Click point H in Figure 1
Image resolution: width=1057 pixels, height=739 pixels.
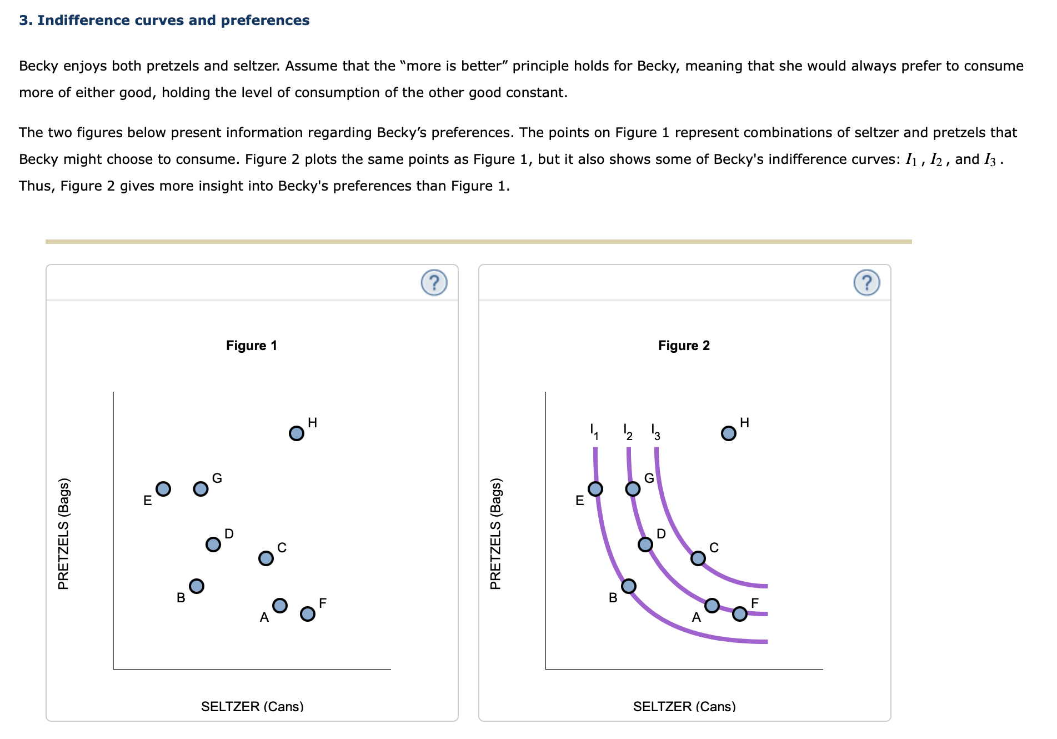[297, 433]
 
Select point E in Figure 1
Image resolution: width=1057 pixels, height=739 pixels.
[163, 489]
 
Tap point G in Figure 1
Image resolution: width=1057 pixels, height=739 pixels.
[201, 489]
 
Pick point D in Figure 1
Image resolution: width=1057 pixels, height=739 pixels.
[213, 544]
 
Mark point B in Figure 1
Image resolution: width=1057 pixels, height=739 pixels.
[197, 586]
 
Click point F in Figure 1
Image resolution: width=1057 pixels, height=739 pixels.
[308, 613]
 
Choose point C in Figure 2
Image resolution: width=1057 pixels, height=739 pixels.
[698, 558]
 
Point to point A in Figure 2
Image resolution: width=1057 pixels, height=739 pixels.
[712, 605]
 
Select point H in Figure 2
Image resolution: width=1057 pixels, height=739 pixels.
[729, 433]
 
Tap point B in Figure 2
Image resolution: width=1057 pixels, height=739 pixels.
[629, 586]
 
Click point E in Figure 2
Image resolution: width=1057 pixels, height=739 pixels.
[595, 489]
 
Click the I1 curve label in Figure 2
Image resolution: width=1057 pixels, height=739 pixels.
[594, 432]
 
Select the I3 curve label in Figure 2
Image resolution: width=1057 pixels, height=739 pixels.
[655, 432]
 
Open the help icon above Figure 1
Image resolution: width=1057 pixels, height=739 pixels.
[434, 283]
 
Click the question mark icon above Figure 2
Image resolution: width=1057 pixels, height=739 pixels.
[866, 283]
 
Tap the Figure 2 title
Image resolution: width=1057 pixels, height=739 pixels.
[684, 346]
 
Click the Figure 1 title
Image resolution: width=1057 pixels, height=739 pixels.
[252, 346]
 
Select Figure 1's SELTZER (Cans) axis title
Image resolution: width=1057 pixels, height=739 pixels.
[252, 706]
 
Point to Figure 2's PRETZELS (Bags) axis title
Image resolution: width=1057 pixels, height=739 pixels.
[495, 533]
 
